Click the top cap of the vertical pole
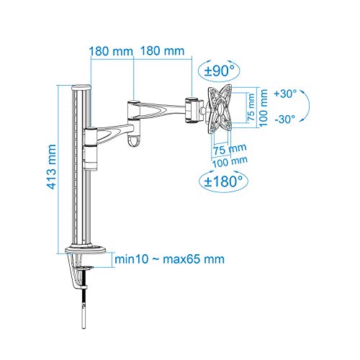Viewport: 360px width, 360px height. pos(82,87)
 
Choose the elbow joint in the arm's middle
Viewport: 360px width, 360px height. pos(134,106)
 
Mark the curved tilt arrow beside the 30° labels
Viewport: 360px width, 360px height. pos(305,107)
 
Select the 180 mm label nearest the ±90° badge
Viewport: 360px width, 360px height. pos(159,51)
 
